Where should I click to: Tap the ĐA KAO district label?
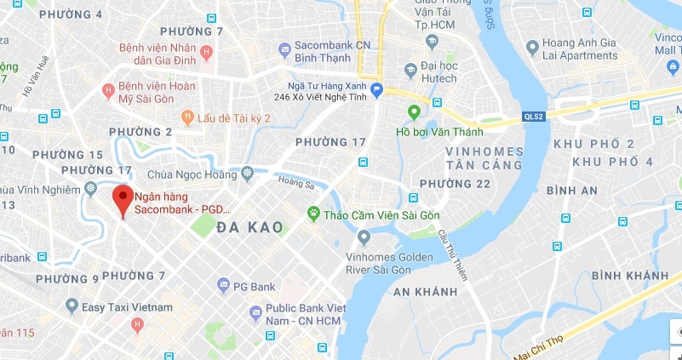pyautogui.click(x=249, y=226)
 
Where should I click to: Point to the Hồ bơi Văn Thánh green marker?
pyautogui.click(x=415, y=111)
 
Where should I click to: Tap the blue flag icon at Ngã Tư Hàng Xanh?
pyautogui.click(x=375, y=90)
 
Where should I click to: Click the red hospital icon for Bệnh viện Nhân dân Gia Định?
pyautogui.click(x=205, y=54)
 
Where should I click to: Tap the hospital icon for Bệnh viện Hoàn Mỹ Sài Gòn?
pyautogui.click(x=108, y=89)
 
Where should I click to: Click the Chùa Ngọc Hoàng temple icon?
pyautogui.click(x=247, y=174)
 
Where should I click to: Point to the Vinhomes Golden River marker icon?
pyautogui.click(x=364, y=237)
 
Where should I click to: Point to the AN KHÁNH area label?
pyautogui.click(x=425, y=291)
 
